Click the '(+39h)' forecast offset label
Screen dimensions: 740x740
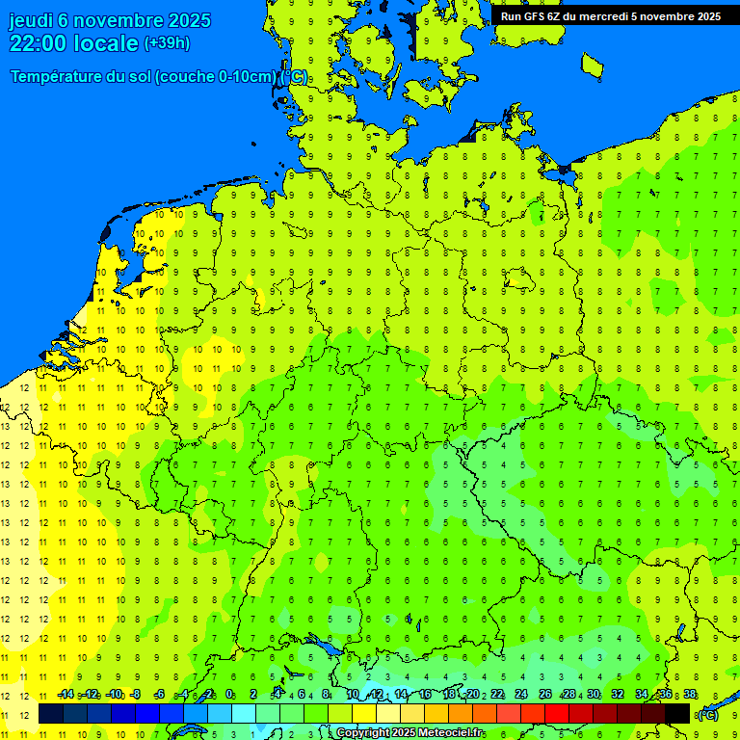pyautogui.click(x=167, y=43)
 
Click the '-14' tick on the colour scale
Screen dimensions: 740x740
pyautogui.click(x=66, y=695)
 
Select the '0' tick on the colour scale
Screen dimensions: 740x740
pyautogui.click(x=229, y=695)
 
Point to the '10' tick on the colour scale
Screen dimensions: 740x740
pyautogui.click(x=353, y=695)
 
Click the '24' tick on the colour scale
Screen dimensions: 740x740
pyautogui.click(x=521, y=695)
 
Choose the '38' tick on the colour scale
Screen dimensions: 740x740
pyautogui.click(x=690, y=695)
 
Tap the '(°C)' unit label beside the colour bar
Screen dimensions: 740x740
pyautogui.click(x=707, y=714)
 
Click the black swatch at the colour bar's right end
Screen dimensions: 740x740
pyautogui.click(x=677, y=713)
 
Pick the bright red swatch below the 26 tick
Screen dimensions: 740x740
pyautogui.click(x=557, y=713)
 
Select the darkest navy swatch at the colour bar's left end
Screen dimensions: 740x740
pyautogui.click(x=51, y=713)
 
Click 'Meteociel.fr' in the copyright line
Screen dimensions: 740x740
pyautogui.click(x=451, y=733)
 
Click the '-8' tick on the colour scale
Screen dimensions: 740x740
pyautogui.click(x=136, y=695)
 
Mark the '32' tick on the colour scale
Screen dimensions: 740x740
pyautogui.click(x=618, y=695)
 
